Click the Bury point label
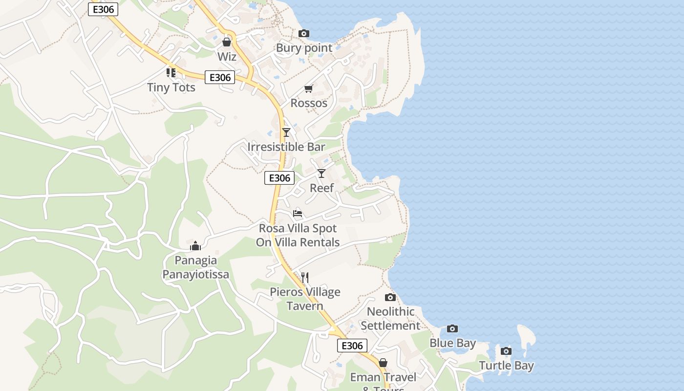click(x=304, y=48)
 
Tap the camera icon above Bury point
click(x=304, y=33)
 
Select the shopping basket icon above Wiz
click(x=227, y=42)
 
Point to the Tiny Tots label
click(x=171, y=87)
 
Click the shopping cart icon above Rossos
click(x=308, y=88)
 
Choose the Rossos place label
click(x=309, y=103)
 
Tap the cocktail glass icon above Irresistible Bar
click(x=286, y=132)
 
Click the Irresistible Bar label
click(x=286, y=147)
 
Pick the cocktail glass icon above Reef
click(x=321, y=173)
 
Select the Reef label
click(x=322, y=188)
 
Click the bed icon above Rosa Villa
click(x=298, y=214)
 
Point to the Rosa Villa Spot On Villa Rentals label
click(x=298, y=235)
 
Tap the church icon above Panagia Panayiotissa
click(x=195, y=245)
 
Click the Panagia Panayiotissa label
click(x=195, y=267)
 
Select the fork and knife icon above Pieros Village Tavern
click(x=305, y=278)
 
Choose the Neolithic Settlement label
click(x=390, y=319)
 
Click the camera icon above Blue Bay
click(x=452, y=328)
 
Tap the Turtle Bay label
click(x=506, y=366)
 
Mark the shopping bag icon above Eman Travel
click(x=383, y=363)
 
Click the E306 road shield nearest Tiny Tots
click(x=220, y=77)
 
